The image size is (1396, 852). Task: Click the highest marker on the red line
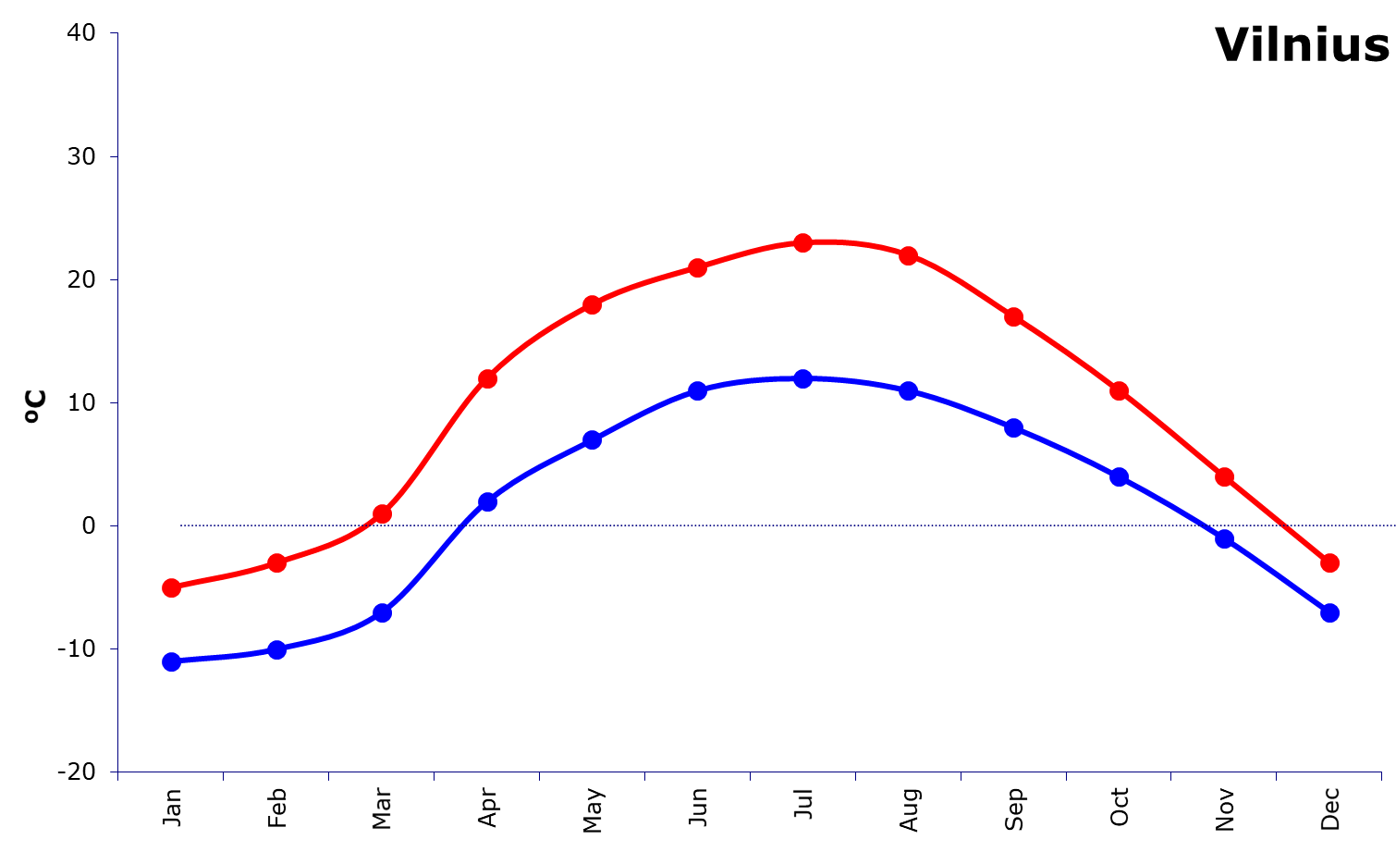pyautogui.click(x=802, y=242)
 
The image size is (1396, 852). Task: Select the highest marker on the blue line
pyautogui.click(x=802, y=378)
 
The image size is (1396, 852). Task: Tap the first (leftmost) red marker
pyautogui.click(x=171, y=587)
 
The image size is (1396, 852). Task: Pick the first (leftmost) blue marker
pyautogui.click(x=171, y=661)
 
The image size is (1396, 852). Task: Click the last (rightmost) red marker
pyautogui.click(x=1329, y=562)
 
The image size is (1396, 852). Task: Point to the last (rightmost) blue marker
pyautogui.click(x=1329, y=612)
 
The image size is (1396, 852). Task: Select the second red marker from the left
pyautogui.click(x=276, y=562)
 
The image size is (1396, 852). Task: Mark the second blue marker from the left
pyautogui.click(x=276, y=649)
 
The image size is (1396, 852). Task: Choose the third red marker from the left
pyautogui.click(x=382, y=513)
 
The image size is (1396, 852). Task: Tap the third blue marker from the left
pyautogui.click(x=382, y=612)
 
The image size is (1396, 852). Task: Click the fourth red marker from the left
pyautogui.click(x=487, y=378)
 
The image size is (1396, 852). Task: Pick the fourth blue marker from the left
pyautogui.click(x=487, y=501)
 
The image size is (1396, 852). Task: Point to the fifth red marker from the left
pyautogui.click(x=592, y=304)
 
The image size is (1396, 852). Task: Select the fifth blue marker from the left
pyautogui.click(x=592, y=439)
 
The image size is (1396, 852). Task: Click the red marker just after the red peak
pyautogui.click(x=908, y=255)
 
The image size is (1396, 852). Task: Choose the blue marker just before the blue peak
pyautogui.click(x=697, y=390)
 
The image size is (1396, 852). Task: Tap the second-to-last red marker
pyautogui.click(x=1224, y=476)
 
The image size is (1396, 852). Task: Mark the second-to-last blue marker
pyautogui.click(x=1224, y=538)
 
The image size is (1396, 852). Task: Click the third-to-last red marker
pyautogui.click(x=1119, y=390)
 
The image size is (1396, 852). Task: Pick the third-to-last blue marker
pyautogui.click(x=1119, y=476)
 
